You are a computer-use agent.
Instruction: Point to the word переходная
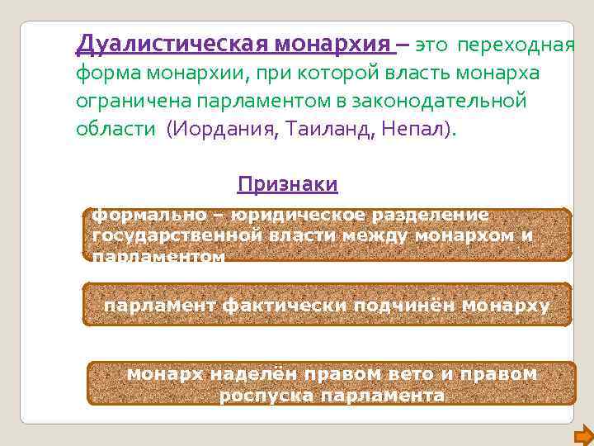click(516, 44)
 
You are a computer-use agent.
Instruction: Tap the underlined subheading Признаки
click(287, 184)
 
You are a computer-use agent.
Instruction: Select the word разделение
click(431, 215)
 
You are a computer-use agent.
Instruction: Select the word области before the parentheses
click(116, 130)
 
